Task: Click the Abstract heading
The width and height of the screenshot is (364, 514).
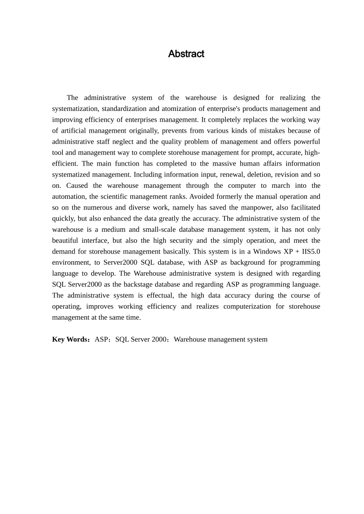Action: (186, 54)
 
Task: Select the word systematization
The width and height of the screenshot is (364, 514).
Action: (75, 109)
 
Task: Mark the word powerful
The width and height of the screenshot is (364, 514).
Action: (307, 142)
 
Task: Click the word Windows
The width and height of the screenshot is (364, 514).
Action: (267, 252)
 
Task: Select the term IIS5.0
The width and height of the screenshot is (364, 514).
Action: (311, 252)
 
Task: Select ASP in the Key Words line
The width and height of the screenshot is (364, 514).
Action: (101, 340)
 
